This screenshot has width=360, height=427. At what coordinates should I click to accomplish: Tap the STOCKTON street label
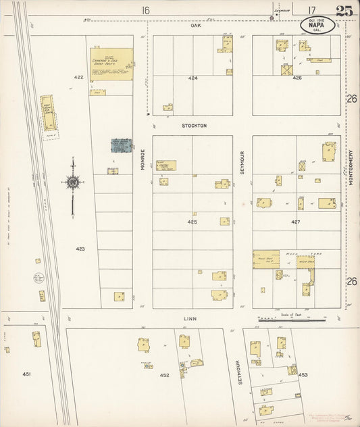[x=193, y=126]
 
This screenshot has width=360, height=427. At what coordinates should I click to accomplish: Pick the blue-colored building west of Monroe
[x=121, y=145]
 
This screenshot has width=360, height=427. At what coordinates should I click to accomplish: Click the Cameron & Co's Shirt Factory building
[x=111, y=64]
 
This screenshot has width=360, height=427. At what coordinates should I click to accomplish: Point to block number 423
[x=80, y=249]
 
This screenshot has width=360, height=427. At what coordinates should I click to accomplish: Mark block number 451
[x=26, y=374]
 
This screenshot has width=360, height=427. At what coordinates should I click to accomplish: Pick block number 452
[x=165, y=374]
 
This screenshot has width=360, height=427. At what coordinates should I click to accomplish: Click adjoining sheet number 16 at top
[x=145, y=10]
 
